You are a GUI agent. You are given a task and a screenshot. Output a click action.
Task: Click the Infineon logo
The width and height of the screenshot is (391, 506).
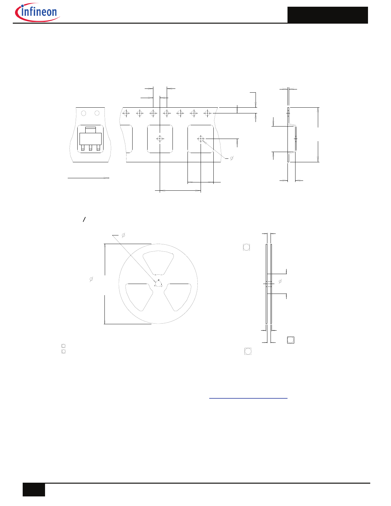(37, 12)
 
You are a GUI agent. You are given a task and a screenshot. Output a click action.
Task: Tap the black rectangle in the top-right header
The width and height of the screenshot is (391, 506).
(327, 15)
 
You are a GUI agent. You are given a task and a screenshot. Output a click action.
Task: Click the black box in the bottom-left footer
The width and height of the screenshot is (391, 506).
(34, 490)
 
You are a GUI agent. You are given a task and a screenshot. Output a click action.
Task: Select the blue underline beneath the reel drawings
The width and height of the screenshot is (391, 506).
(248, 398)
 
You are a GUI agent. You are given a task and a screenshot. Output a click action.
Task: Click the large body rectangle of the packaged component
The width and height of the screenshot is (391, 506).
(90, 139)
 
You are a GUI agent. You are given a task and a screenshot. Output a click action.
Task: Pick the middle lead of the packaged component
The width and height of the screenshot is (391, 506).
(90, 148)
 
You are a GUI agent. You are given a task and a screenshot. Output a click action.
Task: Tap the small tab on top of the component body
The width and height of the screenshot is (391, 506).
(90, 130)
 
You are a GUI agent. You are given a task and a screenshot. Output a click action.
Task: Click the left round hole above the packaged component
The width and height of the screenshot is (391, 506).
(83, 113)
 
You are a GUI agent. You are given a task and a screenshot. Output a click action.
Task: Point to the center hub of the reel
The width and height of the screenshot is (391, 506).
(158, 283)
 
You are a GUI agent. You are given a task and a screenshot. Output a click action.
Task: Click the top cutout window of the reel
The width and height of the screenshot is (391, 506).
(158, 263)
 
